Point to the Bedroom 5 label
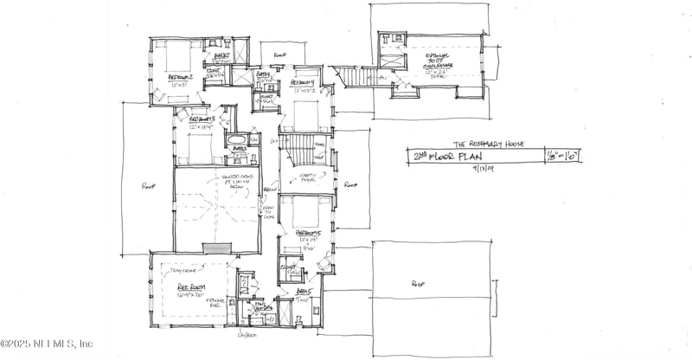309,233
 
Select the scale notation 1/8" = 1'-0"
562,156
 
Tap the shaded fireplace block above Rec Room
218,248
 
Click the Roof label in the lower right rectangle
419,283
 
